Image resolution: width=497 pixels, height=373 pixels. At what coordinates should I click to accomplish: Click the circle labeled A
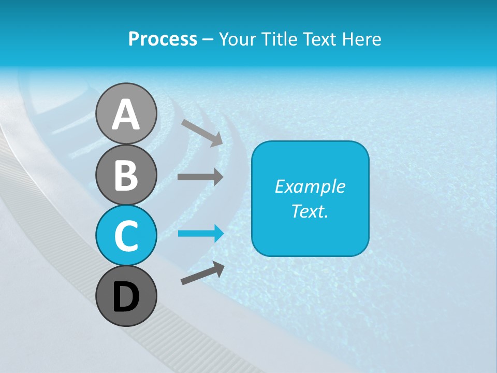pyautogui.click(x=126, y=113)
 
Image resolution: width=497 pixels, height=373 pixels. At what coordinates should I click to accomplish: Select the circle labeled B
pyautogui.click(x=126, y=175)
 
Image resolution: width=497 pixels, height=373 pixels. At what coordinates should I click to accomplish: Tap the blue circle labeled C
pyautogui.click(x=126, y=235)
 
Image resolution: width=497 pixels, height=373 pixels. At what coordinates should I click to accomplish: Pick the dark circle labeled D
pyautogui.click(x=126, y=296)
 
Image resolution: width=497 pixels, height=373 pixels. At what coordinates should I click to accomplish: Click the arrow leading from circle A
pyautogui.click(x=202, y=132)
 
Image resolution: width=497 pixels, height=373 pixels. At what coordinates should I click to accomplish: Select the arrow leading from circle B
pyautogui.click(x=200, y=177)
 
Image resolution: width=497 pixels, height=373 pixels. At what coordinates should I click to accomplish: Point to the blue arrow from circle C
pyautogui.click(x=201, y=234)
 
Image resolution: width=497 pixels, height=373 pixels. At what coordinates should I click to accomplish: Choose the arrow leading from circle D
pyautogui.click(x=202, y=273)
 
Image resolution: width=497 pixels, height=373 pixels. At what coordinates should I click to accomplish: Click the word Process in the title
pyautogui.click(x=163, y=39)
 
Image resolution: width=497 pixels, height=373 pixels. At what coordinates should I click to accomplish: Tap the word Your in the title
pyautogui.click(x=237, y=39)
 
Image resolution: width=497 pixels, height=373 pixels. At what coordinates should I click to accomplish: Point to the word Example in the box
pyautogui.click(x=310, y=187)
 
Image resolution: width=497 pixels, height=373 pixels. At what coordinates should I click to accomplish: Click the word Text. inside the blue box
pyautogui.click(x=310, y=211)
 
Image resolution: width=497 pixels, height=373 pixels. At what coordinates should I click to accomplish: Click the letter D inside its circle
pyautogui.click(x=126, y=297)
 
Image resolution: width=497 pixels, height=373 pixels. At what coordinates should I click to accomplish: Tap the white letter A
pyautogui.click(x=126, y=114)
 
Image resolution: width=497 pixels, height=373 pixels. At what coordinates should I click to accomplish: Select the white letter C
pyautogui.click(x=126, y=236)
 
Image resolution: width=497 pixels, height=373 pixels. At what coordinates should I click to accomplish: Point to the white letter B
pyautogui.click(x=126, y=175)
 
